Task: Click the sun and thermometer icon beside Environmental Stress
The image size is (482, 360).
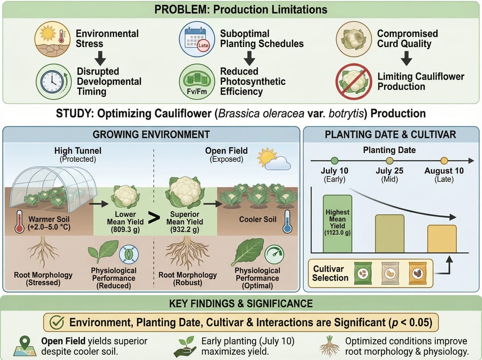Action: click(53, 39)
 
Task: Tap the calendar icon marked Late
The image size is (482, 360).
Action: click(197, 39)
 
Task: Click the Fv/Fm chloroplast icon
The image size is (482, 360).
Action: click(197, 82)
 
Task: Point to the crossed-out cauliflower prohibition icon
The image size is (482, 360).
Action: click(353, 82)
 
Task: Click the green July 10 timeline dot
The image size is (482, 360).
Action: click(334, 161)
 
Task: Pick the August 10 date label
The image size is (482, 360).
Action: click(444, 171)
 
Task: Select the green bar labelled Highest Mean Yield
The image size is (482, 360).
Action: click(337, 224)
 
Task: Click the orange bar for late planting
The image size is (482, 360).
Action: click(442, 239)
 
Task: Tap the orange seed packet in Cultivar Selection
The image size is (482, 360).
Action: click(417, 273)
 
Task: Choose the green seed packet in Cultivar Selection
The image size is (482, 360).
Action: click(363, 273)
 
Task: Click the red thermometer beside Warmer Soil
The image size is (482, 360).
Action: click(19, 222)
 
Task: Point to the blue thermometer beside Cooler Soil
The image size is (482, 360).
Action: click(287, 222)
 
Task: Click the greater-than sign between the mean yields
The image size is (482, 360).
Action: click(154, 218)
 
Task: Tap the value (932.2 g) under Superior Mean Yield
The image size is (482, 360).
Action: click(184, 230)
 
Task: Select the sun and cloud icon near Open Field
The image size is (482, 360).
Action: click(274, 159)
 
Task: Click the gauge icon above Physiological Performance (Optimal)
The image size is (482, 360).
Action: click(274, 254)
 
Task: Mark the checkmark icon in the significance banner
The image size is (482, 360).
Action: click(57, 322)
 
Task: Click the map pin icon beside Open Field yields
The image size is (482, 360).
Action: click(25, 346)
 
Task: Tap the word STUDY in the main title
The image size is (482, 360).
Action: click(74, 114)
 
